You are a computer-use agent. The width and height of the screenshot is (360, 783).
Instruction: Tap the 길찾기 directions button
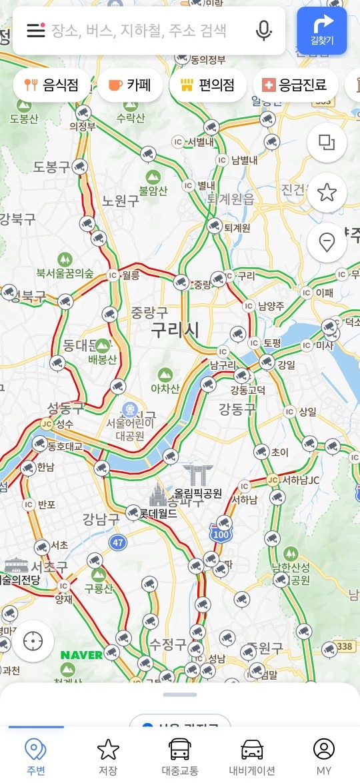point(322,30)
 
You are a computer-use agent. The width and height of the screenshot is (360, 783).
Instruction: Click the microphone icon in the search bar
point(264,31)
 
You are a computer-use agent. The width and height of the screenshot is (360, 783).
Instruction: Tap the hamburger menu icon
point(35,31)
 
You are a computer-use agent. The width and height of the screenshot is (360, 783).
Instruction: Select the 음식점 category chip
point(51,85)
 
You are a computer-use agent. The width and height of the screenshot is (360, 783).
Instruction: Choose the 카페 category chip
point(130,85)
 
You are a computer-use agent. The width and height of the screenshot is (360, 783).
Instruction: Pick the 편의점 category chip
point(207,85)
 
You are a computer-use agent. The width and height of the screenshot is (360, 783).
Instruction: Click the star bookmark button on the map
point(327,193)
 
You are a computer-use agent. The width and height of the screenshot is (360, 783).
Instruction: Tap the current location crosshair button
point(32,641)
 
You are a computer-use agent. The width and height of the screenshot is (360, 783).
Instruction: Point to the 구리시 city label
point(175,329)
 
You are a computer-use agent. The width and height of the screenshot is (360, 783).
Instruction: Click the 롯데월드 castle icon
point(158,496)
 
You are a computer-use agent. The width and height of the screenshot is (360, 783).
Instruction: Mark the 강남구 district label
point(101,518)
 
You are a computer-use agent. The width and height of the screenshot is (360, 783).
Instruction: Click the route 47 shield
point(118,542)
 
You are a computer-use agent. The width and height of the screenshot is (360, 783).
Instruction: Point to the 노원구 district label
point(120,201)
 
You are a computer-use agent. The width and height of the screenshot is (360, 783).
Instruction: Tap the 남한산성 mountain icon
point(290,553)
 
